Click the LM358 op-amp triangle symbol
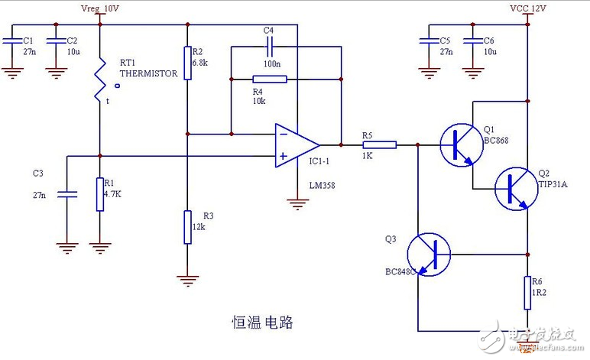click(x=297, y=144)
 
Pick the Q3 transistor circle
click(x=429, y=253)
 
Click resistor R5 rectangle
click(x=380, y=144)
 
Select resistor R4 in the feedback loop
click(x=269, y=79)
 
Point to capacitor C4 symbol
click(x=269, y=47)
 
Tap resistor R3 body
click(x=186, y=227)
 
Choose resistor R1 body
click(x=100, y=194)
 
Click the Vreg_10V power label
click(x=100, y=8)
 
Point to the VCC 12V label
click(x=528, y=8)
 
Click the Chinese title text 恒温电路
click(x=262, y=322)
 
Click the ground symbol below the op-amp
click(x=297, y=203)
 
